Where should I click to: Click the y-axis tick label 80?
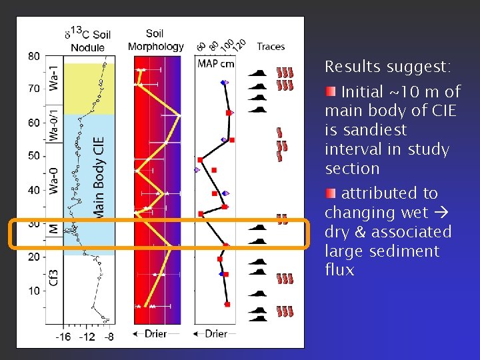pyautogui.click(x=33, y=56)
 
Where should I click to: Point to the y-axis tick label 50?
pyautogui.click(x=33, y=155)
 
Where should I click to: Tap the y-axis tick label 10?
pyautogui.click(x=33, y=291)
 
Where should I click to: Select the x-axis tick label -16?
pyautogui.click(x=63, y=337)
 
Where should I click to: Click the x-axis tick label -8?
pyautogui.click(x=107, y=337)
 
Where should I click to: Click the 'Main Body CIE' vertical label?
pyautogui.click(x=99, y=177)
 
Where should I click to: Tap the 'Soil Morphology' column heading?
pyautogui.click(x=155, y=40)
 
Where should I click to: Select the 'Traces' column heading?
pyautogui.click(x=271, y=47)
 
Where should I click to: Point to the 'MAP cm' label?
pyautogui.click(x=216, y=63)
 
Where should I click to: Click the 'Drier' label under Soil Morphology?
pyautogui.click(x=155, y=333)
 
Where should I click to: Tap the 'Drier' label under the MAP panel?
pyautogui.click(x=215, y=333)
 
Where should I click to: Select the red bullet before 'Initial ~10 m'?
pyautogui.click(x=331, y=91)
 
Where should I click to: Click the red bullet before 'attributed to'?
pyautogui.click(x=331, y=193)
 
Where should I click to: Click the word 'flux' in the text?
pyautogui.click(x=339, y=270)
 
